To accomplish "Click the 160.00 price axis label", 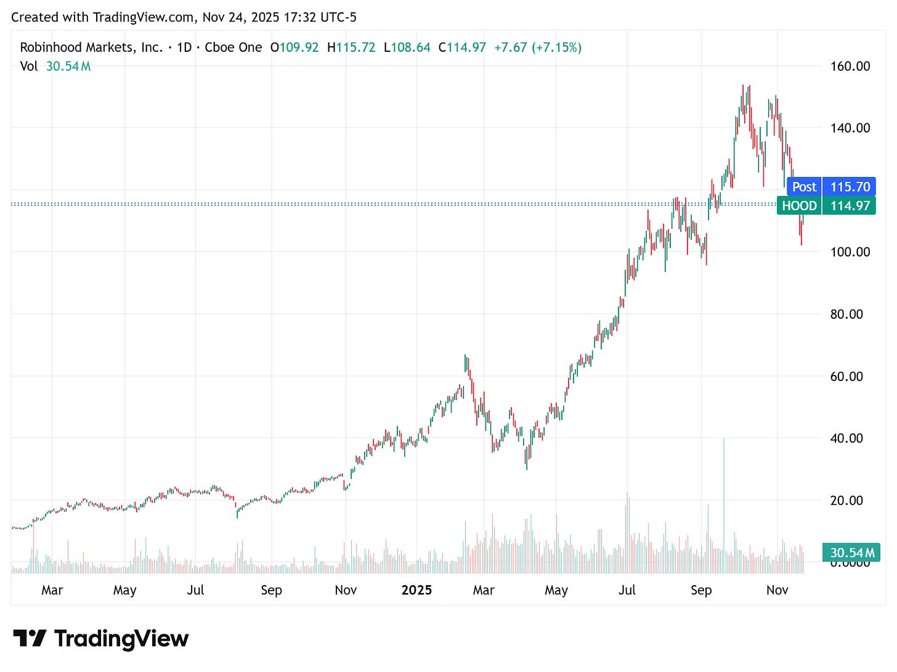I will click(x=850, y=66).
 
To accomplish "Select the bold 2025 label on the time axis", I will click(x=416, y=591).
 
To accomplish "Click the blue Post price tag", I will click(x=804, y=187).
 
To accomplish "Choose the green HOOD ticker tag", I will click(x=799, y=206).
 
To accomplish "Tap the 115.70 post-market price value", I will click(x=850, y=187).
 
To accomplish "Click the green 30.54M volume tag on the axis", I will click(x=852, y=553).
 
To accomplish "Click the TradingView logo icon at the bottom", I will click(x=30, y=639).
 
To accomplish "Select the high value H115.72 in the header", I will click(x=351, y=47).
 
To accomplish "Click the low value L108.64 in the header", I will click(x=407, y=47).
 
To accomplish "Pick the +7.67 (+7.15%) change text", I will click(x=537, y=47).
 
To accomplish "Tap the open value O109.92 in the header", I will click(x=294, y=47).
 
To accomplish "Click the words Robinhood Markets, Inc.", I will click(x=91, y=47).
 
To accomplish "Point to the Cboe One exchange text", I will click(x=233, y=47).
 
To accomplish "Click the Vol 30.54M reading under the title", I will click(x=55, y=67).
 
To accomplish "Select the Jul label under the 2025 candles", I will click(x=627, y=591).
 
